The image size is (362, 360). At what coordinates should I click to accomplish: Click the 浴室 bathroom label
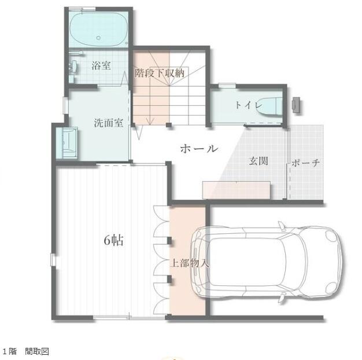[x=101, y=65]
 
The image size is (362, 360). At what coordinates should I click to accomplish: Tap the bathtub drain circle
[x=98, y=38]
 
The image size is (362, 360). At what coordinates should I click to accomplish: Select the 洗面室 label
[x=109, y=123]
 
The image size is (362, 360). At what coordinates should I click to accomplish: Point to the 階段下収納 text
[x=160, y=73]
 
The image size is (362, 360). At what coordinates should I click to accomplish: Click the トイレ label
[x=249, y=105]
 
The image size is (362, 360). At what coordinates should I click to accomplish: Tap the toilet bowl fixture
[x=269, y=106]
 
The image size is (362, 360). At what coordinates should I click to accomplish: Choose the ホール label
[x=199, y=148]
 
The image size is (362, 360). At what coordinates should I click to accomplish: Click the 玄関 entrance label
[x=258, y=161]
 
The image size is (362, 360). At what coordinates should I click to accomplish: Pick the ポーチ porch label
[x=306, y=163]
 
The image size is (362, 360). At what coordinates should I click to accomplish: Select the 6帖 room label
[x=113, y=240]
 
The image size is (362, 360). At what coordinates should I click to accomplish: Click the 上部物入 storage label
[x=190, y=263]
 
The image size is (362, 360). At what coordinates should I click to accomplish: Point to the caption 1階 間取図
[x=25, y=351]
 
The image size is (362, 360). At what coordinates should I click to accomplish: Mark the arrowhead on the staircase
[x=150, y=122]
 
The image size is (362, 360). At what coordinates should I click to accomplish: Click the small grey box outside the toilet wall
[x=296, y=105]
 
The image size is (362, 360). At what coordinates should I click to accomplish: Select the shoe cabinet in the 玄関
[x=237, y=190]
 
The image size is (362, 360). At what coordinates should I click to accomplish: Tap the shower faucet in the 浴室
[x=73, y=65]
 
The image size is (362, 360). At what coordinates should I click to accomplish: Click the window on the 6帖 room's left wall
[x=53, y=260]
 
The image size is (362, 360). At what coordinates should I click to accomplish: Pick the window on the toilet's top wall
[x=227, y=86]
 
